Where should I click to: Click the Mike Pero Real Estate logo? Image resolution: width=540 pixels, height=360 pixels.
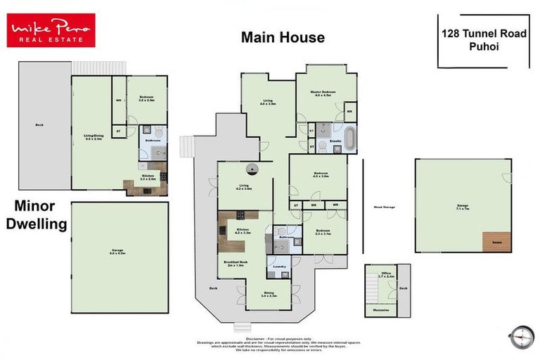(51, 30)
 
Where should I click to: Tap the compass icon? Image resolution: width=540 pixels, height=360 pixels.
(520, 336)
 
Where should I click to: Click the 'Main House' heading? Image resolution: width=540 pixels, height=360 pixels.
(283, 37)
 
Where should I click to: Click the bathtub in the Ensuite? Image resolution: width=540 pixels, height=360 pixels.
(349, 134)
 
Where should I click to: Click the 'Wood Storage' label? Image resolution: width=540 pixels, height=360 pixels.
(383, 207)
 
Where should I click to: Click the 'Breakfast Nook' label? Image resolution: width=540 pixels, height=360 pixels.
(233, 264)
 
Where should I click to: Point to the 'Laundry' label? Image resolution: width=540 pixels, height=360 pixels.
(276, 267)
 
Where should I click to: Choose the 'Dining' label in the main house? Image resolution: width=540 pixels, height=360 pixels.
(269, 295)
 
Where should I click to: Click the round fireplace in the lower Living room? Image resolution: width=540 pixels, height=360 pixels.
(252, 168)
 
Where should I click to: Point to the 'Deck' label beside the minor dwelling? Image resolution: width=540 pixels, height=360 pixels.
(39, 126)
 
